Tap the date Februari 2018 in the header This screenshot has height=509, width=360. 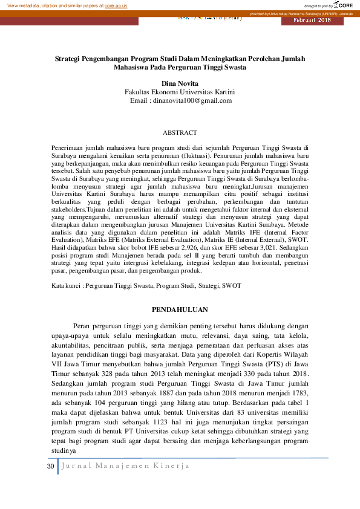pyautogui.click(x=312, y=21)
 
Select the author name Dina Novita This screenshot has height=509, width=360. pyautogui.click(x=180, y=82)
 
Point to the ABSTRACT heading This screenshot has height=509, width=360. pyautogui.click(x=180, y=132)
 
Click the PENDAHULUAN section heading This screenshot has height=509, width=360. pyautogui.click(x=180, y=310)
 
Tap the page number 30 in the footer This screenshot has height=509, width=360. pyautogui.click(x=51, y=466)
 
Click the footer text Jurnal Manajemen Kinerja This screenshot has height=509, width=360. pyautogui.click(x=126, y=466)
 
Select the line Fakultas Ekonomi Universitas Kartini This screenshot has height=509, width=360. pyautogui.click(x=180, y=91)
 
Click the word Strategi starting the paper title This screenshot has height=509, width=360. pyautogui.click(x=68, y=59)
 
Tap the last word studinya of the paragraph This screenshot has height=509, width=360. pyautogui.click(x=62, y=449)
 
